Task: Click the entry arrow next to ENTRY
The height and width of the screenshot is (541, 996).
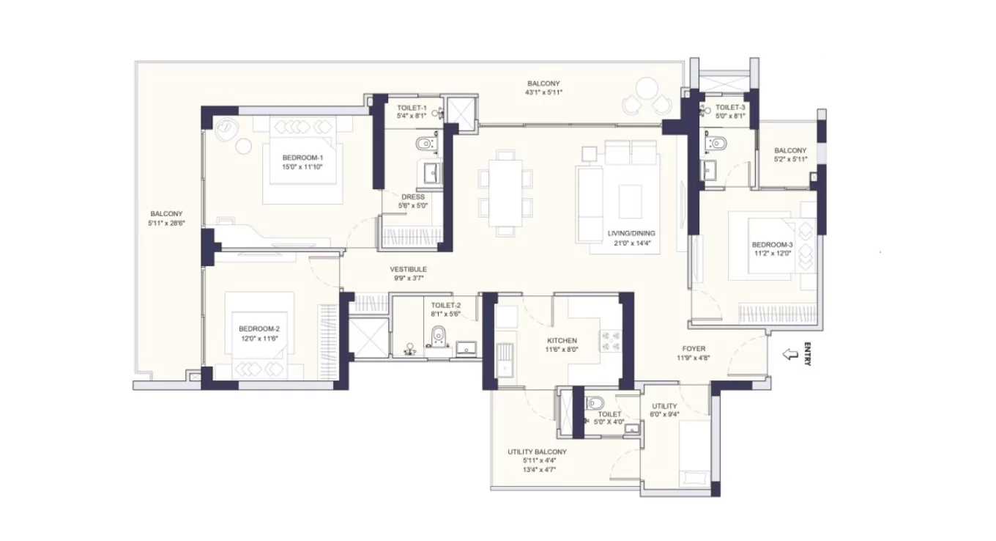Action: pos(789,355)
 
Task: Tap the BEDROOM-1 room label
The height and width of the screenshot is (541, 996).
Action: pos(302,158)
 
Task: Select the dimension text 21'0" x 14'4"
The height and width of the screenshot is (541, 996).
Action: pos(631,243)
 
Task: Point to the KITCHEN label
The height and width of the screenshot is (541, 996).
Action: pos(562,341)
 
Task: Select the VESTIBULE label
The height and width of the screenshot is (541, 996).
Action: pos(408,269)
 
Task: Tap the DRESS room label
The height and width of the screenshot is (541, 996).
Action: pos(413,197)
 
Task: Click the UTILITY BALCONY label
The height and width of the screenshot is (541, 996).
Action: pos(537,452)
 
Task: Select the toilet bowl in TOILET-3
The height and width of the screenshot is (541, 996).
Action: pos(716,143)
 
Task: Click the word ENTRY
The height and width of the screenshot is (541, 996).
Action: pos(807,355)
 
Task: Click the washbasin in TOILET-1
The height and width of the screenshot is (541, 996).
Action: pos(431,173)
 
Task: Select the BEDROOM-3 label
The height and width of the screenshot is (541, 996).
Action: pos(772,245)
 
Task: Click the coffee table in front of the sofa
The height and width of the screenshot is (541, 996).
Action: pos(630,199)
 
